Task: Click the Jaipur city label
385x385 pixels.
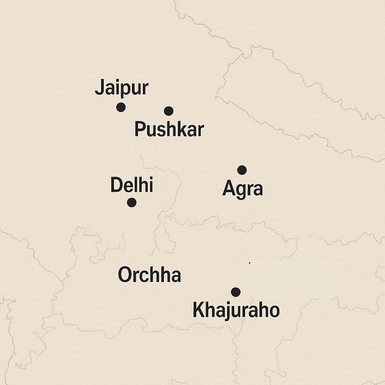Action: coord(121,88)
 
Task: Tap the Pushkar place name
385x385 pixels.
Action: coord(169,130)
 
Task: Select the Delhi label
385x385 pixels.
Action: coord(132,186)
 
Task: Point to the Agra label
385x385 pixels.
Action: coord(243,189)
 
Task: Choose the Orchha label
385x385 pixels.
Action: coord(149,275)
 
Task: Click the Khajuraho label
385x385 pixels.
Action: coord(236,311)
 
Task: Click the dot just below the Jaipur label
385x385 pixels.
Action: coord(121,107)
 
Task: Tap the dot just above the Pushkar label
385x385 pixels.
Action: coord(168,111)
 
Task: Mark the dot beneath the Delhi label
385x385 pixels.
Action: coord(132,203)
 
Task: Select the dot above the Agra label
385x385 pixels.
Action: coord(242,170)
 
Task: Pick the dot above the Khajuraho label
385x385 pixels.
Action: coord(236,292)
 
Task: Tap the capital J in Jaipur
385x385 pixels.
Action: coord(100,88)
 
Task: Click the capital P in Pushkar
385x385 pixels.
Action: coord(140,130)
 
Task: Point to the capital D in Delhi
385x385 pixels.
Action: coord(116,185)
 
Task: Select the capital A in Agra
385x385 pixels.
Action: coord(228,188)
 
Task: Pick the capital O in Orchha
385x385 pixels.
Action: coord(125,275)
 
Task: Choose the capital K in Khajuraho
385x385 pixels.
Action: coord(199,311)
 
